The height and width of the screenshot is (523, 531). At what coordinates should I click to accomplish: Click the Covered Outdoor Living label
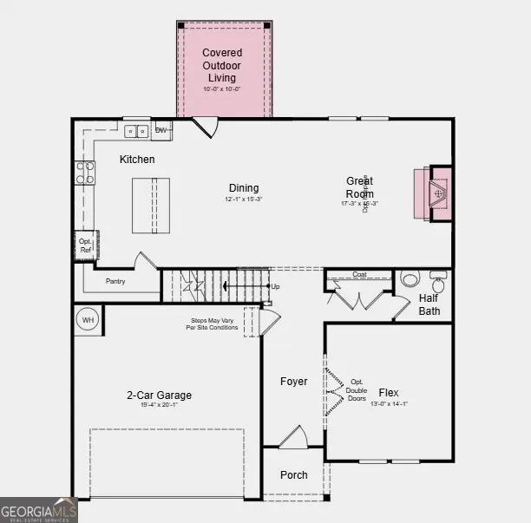tap(222, 66)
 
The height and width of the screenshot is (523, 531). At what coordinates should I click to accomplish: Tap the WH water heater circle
tap(88, 320)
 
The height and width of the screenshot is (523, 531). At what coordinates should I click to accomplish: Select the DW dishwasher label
tap(161, 131)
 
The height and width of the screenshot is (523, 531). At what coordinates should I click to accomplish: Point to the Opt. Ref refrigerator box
tap(85, 246)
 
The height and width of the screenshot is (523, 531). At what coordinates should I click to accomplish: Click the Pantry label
tap(115, 281)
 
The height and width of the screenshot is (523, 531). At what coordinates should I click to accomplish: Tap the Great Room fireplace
tap(438, 193)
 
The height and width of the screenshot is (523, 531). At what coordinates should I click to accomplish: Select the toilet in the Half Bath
tap(410, 280)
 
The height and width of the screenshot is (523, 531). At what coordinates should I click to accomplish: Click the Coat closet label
tap(359, 275)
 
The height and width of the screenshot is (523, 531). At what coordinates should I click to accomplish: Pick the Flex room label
tap(389, 393)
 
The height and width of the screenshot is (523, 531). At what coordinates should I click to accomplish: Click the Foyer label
tap(293, 382)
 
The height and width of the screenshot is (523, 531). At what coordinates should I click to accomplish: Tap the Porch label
tap(293, 475)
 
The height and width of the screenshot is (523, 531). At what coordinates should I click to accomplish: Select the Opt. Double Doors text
tap(357, 389)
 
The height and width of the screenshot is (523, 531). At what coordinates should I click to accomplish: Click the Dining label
tap(243, 188)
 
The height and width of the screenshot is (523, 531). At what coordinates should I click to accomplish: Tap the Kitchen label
tap(137, 160)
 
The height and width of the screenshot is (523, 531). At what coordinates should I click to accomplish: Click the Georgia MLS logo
tap(38, 510)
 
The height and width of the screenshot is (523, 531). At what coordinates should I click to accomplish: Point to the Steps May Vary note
tap(213, 324)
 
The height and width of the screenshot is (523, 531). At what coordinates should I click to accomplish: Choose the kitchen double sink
tap(136, 132)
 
